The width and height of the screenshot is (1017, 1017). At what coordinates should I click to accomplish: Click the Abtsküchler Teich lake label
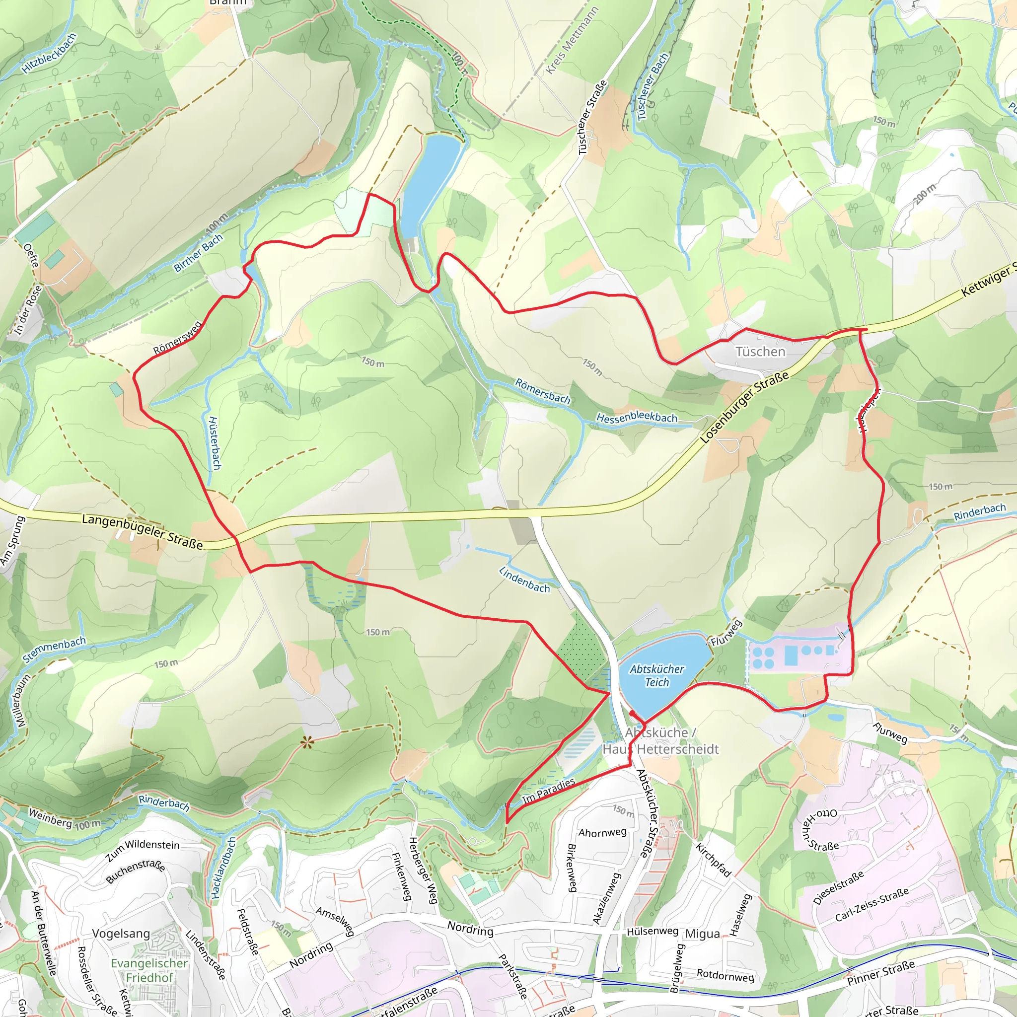657,675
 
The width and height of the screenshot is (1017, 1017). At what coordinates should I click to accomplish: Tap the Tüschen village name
760,351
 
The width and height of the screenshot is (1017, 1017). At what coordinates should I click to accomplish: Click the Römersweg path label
177,339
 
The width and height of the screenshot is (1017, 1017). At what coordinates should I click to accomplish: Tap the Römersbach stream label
542,391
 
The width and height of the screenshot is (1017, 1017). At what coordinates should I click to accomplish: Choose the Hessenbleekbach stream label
637,418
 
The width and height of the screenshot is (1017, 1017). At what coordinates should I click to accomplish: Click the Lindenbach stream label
524,580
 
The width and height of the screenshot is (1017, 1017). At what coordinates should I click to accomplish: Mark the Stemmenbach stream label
54,650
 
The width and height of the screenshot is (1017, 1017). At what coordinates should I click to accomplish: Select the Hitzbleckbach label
50,53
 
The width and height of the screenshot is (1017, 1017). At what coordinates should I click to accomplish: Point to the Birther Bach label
199,253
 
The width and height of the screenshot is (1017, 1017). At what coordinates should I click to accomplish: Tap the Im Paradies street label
549,791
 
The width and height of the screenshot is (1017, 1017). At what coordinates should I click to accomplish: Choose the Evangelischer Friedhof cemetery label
149,970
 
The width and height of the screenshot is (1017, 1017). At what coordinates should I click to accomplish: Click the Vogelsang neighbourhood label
121,933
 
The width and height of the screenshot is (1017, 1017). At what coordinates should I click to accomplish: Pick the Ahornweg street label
602,832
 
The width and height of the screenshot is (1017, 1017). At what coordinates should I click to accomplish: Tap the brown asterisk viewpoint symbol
307,743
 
